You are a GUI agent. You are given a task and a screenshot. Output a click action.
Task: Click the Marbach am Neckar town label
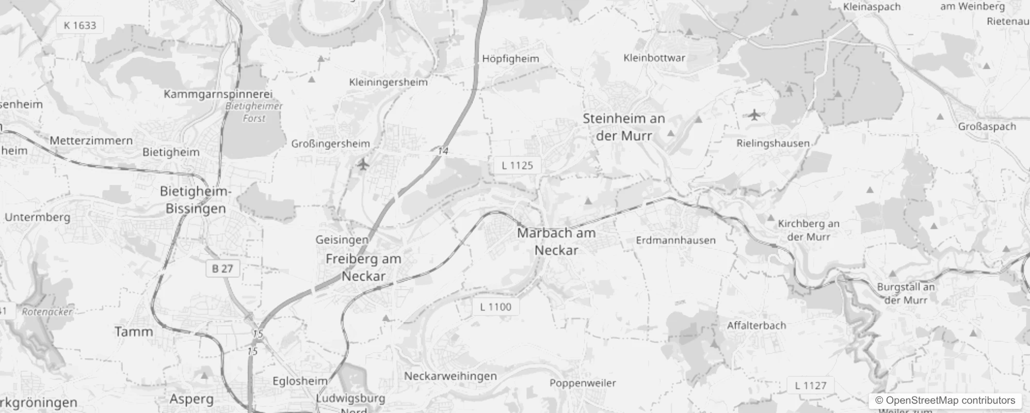(x=556, y=241)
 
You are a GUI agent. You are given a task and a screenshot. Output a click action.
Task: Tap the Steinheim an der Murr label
(x=624, y=127)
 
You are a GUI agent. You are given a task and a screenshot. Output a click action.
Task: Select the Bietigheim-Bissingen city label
(x=196, y=200)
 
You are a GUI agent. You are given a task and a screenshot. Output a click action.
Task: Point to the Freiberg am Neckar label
(x=363, y=267)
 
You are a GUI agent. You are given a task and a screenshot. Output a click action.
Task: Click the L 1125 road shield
(x=517, y=165)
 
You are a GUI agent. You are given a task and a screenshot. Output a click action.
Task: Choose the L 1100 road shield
(x=495, y=307)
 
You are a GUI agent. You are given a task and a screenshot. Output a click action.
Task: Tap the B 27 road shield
(x=222, y=268)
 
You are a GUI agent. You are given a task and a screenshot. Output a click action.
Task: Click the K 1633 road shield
(x=80, y=25)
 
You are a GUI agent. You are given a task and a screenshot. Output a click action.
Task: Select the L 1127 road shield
(x=810, y=386)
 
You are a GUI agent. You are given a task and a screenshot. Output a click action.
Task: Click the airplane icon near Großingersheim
(x=364, y=165)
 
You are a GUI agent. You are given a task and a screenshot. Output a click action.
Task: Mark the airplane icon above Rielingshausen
(x=754, y=115)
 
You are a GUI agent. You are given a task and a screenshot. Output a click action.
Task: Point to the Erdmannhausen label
(x=675, y=241)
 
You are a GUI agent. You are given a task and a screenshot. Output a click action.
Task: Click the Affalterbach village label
(x=756, y=326)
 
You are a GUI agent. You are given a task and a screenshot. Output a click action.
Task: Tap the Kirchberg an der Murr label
(x=809, y=230)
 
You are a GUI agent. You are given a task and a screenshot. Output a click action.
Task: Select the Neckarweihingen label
(x=450, y=376)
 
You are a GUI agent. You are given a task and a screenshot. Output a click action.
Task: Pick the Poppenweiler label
(x=583, y=383)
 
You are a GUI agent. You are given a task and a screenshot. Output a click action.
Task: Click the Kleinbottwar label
(x=654, y=58)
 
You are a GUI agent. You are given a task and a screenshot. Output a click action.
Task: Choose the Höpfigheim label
(x=510, y=59)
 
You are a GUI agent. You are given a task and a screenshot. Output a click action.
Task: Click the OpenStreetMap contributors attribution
(x=945, y=401)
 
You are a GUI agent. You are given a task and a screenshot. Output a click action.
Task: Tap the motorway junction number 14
(x=443, y=151)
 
